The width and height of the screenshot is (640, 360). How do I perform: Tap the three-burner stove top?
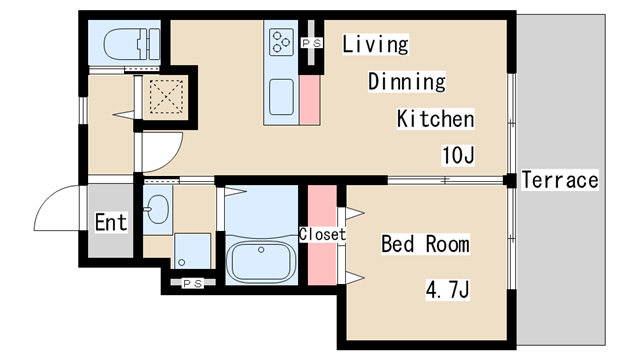[281, 42]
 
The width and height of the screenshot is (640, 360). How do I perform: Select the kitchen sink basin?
[281, 97]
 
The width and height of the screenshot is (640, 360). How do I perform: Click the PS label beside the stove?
[312, 42]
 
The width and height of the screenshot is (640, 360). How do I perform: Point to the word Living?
[375, 44]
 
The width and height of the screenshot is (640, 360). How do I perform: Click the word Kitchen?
[436, 119]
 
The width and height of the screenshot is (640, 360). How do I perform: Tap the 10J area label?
[458, 155]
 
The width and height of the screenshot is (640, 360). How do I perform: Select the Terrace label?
[560, 180]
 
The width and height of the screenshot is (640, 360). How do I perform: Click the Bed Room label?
[425, 244]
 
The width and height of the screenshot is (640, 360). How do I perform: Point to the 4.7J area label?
[448, 289]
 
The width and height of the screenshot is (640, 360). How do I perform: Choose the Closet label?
[322, 234]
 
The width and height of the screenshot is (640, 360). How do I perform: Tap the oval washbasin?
[157, 209]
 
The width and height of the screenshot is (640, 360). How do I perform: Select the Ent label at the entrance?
[111, 222]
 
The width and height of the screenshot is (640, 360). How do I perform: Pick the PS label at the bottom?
[192, 283]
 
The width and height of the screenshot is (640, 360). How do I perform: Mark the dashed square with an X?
[166, 96]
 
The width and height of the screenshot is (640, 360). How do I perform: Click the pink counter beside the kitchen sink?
[310, 100]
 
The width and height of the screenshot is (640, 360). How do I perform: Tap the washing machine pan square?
[192, 251]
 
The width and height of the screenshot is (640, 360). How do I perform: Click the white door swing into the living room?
[162, 152]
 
